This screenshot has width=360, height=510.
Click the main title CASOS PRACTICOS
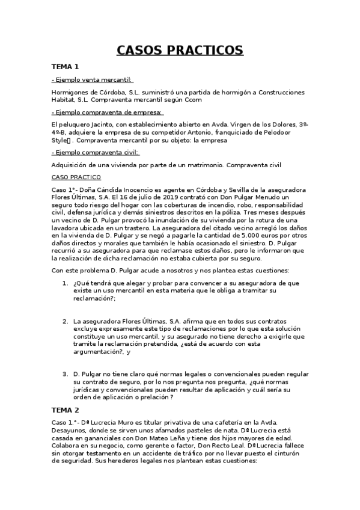[180, 49]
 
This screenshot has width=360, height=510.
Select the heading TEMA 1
[66, 67]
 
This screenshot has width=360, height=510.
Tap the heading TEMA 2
[66, 409]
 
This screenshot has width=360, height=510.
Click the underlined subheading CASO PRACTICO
[76, 177]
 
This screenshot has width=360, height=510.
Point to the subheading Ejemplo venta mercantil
[93, 79]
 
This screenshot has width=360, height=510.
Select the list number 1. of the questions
[66, 283]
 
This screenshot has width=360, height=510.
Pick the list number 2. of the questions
[66, 322]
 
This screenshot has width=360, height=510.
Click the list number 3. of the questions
[66, 374]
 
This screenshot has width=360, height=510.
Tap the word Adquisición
[72, 165]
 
